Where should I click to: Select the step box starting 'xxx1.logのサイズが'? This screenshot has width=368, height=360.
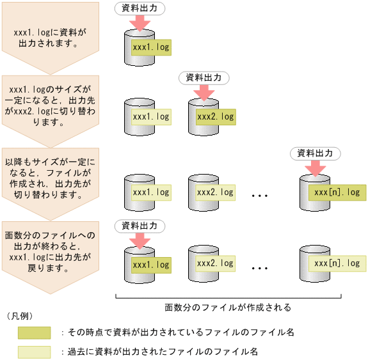click(50, 103)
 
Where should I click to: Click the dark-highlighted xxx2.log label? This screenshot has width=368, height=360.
click(215, 117)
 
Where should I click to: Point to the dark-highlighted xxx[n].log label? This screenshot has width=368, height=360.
click(333, 192)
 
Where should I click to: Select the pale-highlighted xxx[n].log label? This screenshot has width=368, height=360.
click(333, 263)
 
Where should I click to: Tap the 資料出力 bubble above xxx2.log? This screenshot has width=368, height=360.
click(204, 77)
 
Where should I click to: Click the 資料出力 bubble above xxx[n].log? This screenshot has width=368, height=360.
click(315, 153)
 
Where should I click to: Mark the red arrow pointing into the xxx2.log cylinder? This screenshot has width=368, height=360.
click(204, 93)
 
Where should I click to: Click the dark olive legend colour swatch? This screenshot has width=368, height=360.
click(34, 333)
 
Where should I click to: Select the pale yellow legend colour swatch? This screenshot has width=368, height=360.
click(34, 352)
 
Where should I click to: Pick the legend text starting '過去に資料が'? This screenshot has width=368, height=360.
click(159, 352)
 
